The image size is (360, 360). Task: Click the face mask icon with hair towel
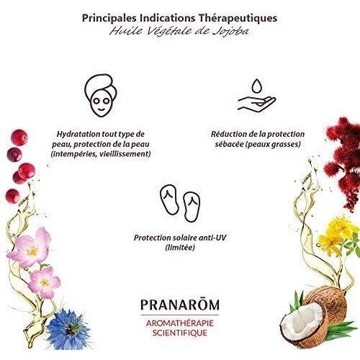click(101, 95)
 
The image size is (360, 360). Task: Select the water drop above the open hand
click(256, 86)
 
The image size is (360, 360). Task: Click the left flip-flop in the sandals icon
click(169, 199)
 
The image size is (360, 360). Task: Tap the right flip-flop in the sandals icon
click(192, 207)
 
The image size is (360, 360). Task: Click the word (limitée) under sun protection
click(180, 248)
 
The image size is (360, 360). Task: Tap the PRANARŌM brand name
click(180, 305)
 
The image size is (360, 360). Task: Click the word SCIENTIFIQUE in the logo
click(180, 333)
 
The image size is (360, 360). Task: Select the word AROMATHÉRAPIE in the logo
click(180, 323)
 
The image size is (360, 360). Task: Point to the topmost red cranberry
click(19, 138)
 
